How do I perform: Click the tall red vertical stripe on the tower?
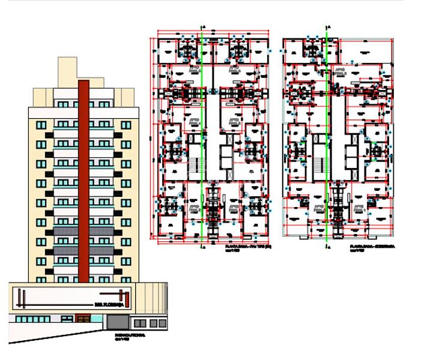[x=84, y=180]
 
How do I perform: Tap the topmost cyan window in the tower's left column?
[x=41, y=125]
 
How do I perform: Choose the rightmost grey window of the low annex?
[x=162, y=323]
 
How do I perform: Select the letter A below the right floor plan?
[x=329, y=247]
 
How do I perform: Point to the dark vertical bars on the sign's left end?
[x=19, y=298]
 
